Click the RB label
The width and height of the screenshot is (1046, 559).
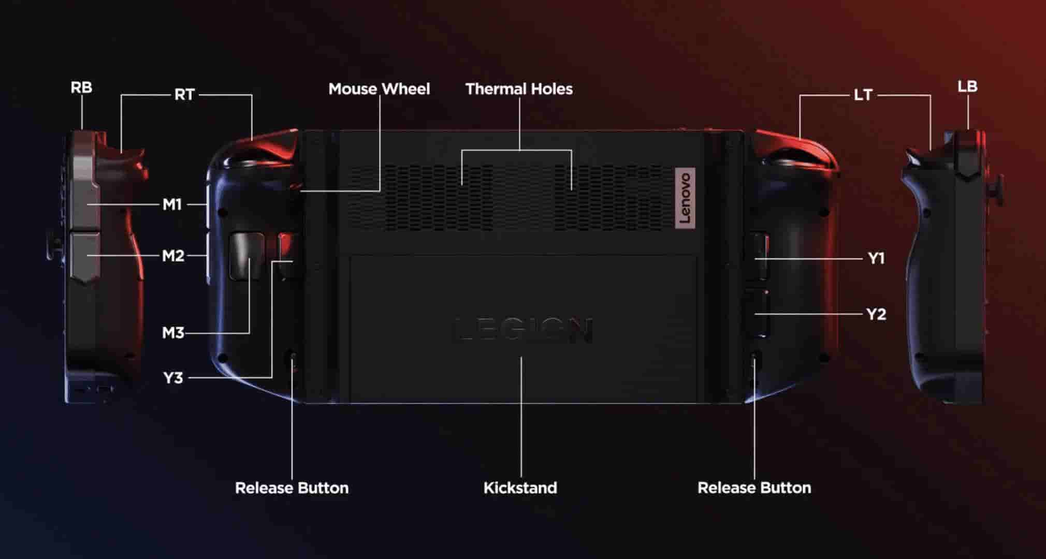81,87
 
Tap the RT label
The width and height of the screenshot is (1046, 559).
184,95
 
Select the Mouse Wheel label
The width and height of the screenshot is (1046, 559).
379,89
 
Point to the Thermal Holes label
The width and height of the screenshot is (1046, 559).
519,89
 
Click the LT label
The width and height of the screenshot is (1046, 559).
863,95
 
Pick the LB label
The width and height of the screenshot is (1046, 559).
967,86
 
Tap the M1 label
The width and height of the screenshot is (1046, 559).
172,205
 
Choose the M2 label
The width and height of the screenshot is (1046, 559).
173,256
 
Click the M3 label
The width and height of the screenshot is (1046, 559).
173,333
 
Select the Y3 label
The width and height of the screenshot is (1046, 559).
173,378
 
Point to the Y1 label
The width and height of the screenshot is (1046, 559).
876,258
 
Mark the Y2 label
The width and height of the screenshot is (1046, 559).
876,314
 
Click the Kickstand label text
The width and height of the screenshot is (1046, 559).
520,488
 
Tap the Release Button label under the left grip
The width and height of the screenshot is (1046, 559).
292,488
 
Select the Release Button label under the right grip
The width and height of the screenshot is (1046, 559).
754,488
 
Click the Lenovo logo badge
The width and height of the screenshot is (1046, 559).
685,197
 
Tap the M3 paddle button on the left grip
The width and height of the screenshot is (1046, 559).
246,256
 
